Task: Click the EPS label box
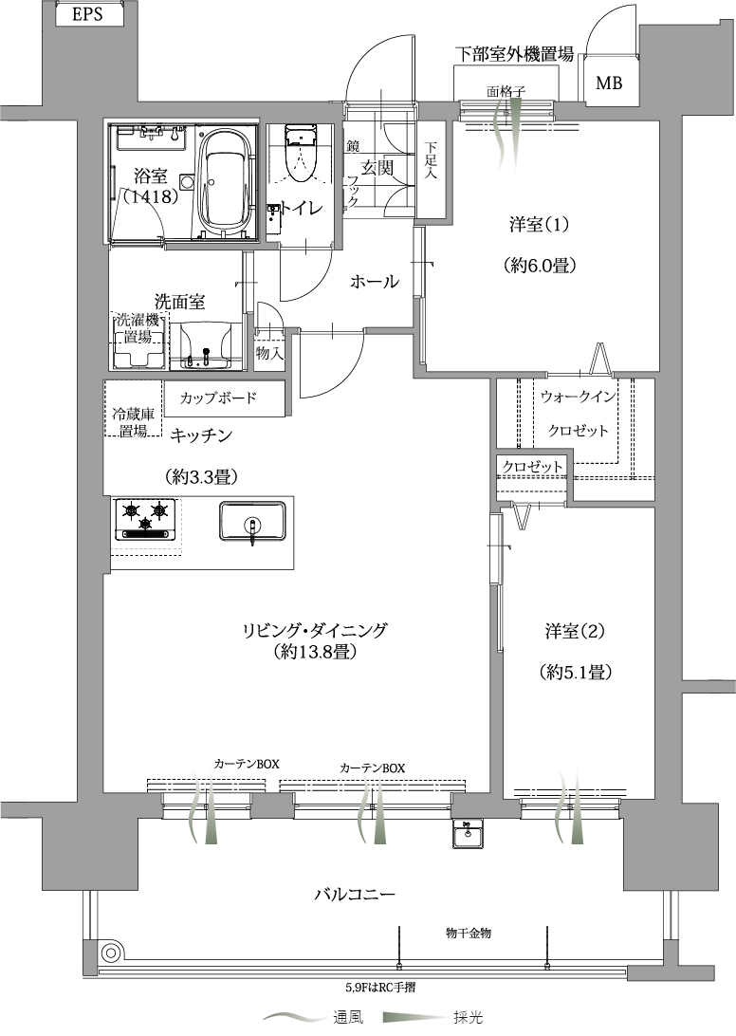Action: click(88, 14)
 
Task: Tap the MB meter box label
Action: click(609, 83)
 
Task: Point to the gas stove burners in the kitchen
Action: click(145, 520)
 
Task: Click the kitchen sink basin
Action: click(251, 521)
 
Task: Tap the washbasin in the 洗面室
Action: click(204, 344)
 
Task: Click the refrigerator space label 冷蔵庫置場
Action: click(133, 423)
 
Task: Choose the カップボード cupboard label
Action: click(217, 398)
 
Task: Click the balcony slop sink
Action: click(469, 833)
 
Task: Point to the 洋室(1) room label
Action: click(539, 225)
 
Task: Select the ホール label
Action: click(374, 282)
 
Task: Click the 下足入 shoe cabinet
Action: click(431, 169)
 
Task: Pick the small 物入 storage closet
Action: click(269, 354)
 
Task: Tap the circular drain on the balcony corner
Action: click(109, 953)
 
